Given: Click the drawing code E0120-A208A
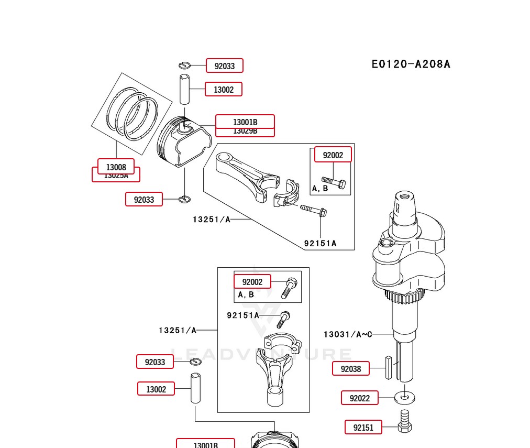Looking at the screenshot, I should click(x=411, y=64).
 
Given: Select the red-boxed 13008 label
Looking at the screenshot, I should click(x=116, y=167).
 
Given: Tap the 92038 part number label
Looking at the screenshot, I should click(x=351, y=369).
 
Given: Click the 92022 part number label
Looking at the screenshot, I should click(x=359, y=398).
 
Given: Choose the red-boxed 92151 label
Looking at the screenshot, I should click(x=363, y=428).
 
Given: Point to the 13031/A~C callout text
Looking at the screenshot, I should click(x=347, y=334).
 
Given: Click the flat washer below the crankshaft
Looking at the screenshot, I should click(x=404, y=398).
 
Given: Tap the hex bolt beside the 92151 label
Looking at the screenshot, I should click(x=404, y=422).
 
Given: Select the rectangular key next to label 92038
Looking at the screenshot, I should click(x=388, y=367).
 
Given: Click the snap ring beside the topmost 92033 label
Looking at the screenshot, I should click(x=184, y=65).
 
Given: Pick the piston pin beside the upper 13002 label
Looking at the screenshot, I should click(x=185, y=90).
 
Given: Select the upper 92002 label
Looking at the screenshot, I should click(x=333, y=155).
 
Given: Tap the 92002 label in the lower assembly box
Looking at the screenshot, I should click(x=252, y=282).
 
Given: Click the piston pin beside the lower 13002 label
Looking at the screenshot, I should click(x=195, y=388).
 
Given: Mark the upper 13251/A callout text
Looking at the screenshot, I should click(x=212, y=220).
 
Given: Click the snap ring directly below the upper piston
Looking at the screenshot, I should click(x=185, y=199).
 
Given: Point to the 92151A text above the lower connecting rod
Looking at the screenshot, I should click(x=242, y=315).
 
